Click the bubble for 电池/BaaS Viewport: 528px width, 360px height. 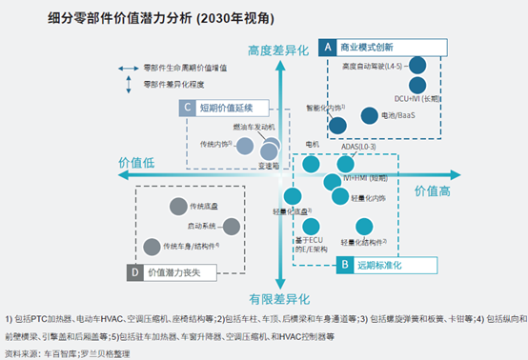click(370, 115)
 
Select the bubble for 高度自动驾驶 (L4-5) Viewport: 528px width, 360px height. click(418, 66)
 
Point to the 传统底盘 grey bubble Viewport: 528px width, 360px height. click(177, 207)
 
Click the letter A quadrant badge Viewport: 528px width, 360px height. click(326, 46)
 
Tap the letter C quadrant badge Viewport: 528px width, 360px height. click(189, 108)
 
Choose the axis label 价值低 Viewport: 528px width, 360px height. click(135, 165)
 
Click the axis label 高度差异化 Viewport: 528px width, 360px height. click(280, 50)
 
